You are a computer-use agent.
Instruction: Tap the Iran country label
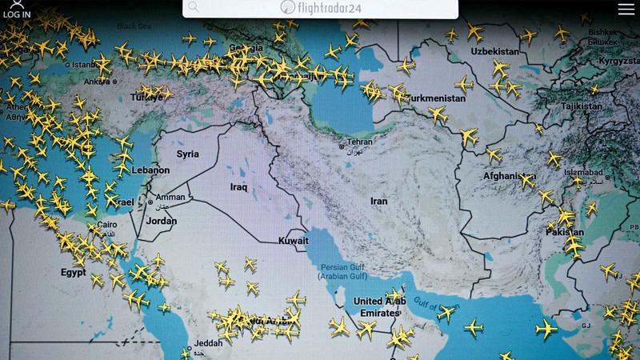378,202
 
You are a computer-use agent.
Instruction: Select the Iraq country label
238,187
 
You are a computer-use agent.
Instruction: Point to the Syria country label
188,154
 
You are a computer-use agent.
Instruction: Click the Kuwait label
293,241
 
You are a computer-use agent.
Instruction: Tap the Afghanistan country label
509,176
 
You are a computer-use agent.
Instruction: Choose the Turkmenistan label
436,98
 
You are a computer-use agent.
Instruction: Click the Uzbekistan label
495,51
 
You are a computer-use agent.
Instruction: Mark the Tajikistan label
582,106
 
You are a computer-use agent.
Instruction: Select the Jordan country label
162,221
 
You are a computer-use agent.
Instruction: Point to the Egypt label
73,272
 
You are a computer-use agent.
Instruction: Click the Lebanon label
151,170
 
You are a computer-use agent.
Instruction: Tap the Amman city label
170,198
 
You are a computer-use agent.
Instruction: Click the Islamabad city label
582,172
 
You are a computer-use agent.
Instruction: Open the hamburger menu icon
626,9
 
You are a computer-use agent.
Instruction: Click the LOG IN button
16,10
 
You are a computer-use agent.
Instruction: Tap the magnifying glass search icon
193,7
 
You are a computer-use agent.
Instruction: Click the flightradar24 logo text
320,7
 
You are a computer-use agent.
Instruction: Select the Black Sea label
134,26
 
